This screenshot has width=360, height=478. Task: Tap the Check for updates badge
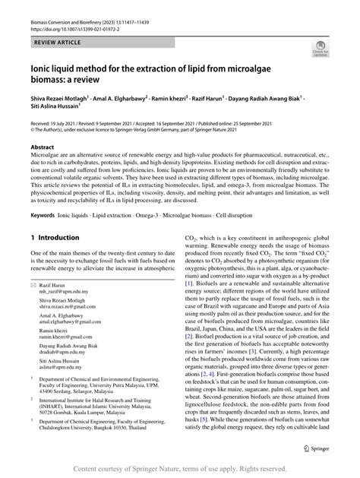coord(320,49)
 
